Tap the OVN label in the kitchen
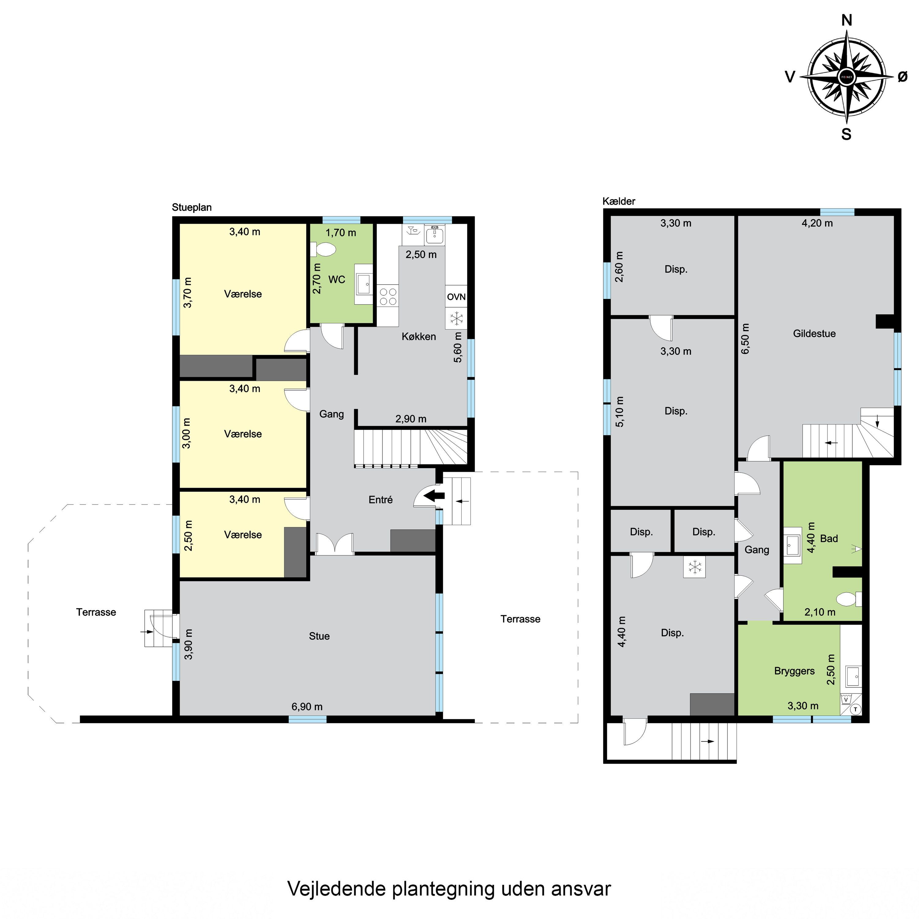click(x=456, y=297)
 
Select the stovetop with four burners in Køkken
click(x=388, y=296)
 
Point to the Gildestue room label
click(x=814, y=334)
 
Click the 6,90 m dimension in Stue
click(x=307, y=707)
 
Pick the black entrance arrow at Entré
click(x=434, y=496)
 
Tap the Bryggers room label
click(x=794, y=671)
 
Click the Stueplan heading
click(x=192, y=207)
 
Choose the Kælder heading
click(x=619, y=201)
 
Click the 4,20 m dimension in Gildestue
click(x=817, y=223)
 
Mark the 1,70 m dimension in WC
click(x=341, y=233)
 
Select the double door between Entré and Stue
click(x=335, y=544)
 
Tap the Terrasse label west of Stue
click(x=96, y=612)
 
